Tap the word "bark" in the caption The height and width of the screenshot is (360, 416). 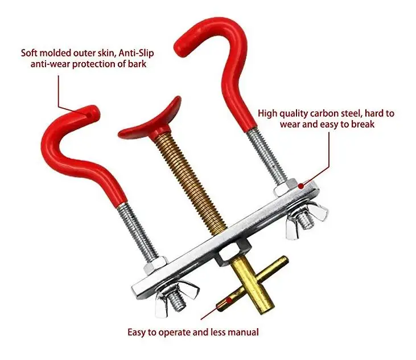[135, 63]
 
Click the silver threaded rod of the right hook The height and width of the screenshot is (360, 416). [266, 156]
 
